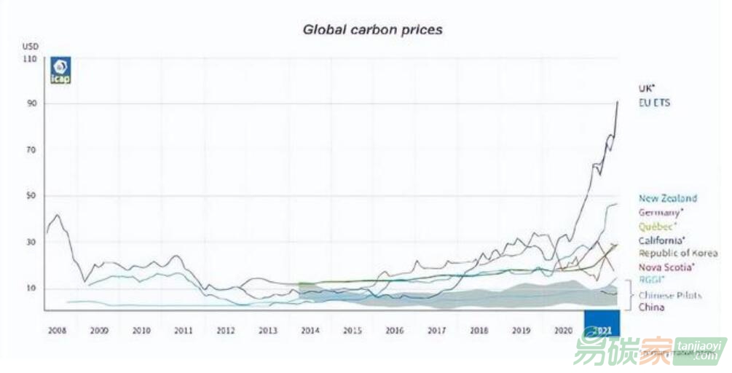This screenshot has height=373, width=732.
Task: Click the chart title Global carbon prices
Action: pyautogui.click(x=372, y=30)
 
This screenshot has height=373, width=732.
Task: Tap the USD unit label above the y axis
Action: pyautogui.click(x=29, y=45)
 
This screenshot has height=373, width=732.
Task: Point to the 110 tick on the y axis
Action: pyautogui.click(x=30, y=58)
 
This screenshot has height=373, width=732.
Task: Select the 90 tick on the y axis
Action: pyautogui.click(x=31, y=104)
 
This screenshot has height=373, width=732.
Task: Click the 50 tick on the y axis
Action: pyautogui.click(x=31, y=197)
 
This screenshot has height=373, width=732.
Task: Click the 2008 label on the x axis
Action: pyautogui.click(x=57, y=330)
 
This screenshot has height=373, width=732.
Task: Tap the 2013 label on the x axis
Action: pyautogui.click(x=268, y=330)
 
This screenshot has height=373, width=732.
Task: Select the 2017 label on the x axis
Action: pyautogui.click(x=436, y=330)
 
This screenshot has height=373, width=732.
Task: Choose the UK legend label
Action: pyautogui.click(x=647, y=87)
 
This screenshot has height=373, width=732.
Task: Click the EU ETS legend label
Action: pyautogui.click(x=654, y=103)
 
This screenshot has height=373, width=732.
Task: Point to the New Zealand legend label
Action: pyautogui.click(x=667, y=198)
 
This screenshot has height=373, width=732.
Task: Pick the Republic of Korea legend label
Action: pyautogui.click(x=677, y=254)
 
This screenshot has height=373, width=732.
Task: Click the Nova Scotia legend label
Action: pyautogui.click(x=666, y=267)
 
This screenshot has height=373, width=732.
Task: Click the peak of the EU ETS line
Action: pyautogui.click(x=618, y=101)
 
